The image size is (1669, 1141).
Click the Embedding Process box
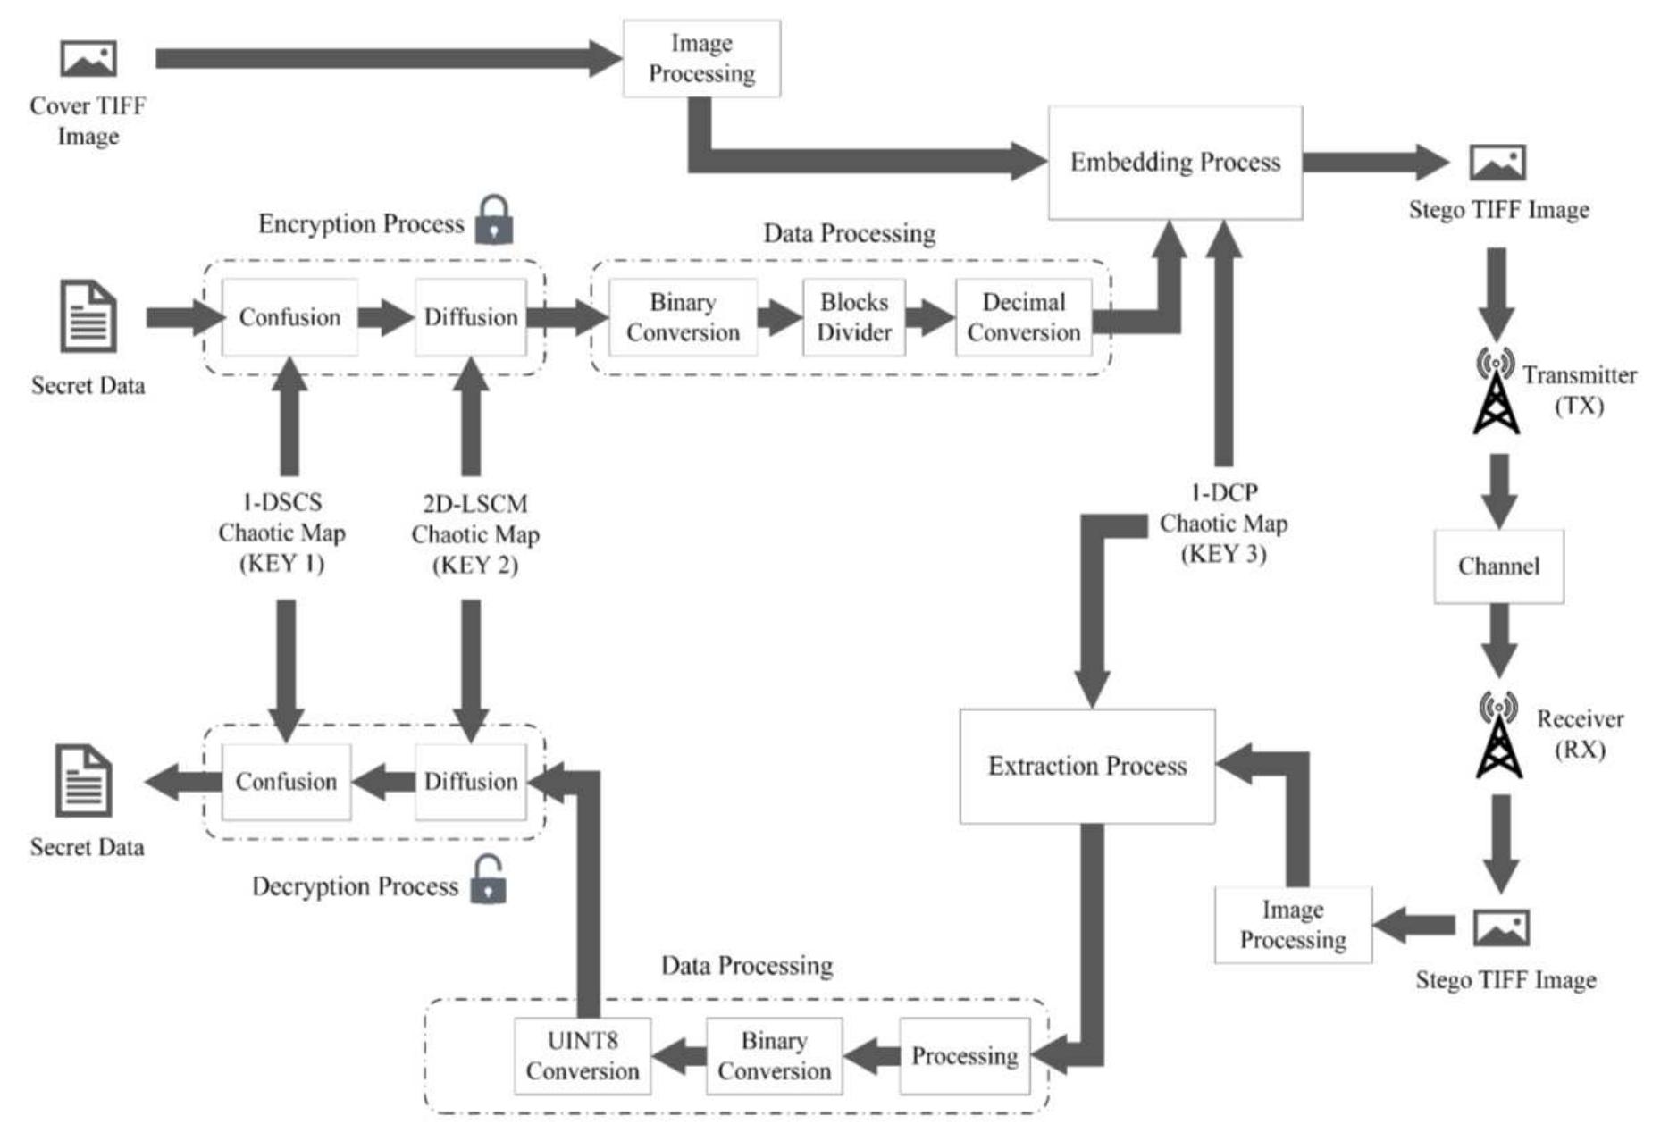[1174, 163]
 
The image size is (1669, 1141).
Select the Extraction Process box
[1086, 766]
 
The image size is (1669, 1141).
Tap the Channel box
[1498, 566]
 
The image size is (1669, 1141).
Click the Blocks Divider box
[853, 317]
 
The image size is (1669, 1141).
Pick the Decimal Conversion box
[1023, 317]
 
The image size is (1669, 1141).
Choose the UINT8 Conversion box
[582, 1056]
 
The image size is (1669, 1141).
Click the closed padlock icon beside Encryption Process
[493, 221]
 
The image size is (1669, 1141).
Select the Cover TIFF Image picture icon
[88, 59]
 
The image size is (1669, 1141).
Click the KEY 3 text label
[1223, 554]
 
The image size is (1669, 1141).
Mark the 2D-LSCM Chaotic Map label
[474, 534]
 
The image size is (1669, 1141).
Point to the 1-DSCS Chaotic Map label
[281, 533]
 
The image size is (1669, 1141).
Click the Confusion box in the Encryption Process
[289, 317]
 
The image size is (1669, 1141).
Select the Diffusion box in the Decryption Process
[470, 782]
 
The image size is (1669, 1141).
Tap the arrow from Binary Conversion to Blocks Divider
[779, 317]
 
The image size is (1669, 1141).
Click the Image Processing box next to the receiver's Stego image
[1292, 925]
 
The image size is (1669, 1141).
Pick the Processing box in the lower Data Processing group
[964, 1056]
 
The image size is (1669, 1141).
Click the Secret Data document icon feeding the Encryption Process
[88, 316]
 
